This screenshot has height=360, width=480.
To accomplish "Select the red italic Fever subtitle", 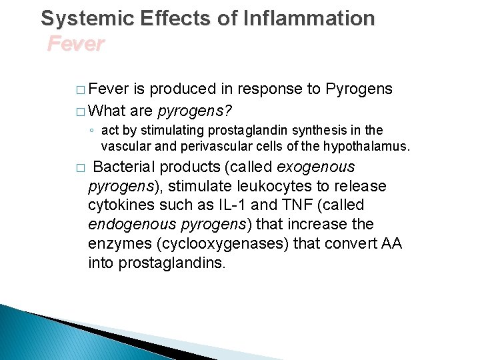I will click(x=76, y=44).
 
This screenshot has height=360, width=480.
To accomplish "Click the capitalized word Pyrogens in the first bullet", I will click(x=359, y=89).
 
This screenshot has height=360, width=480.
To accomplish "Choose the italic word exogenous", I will click(x=316, y=167).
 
